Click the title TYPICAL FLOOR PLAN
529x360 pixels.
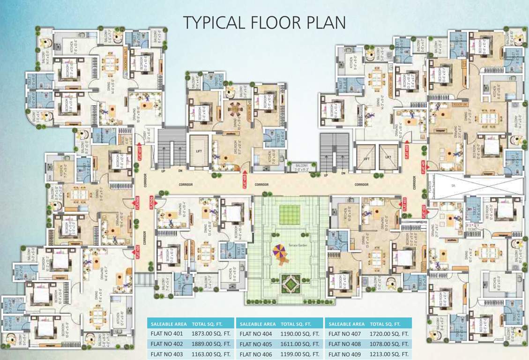pos(264,22)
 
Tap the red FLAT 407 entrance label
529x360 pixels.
pos(140,153)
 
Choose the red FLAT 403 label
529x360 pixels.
pos(404,203)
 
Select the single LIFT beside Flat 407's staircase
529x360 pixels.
pos(198,151)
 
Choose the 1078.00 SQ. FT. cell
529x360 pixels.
pos(389,345)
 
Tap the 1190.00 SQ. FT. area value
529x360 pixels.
pos(300,334)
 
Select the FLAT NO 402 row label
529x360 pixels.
pos(167,345)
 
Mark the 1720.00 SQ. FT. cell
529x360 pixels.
pos(389,334)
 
